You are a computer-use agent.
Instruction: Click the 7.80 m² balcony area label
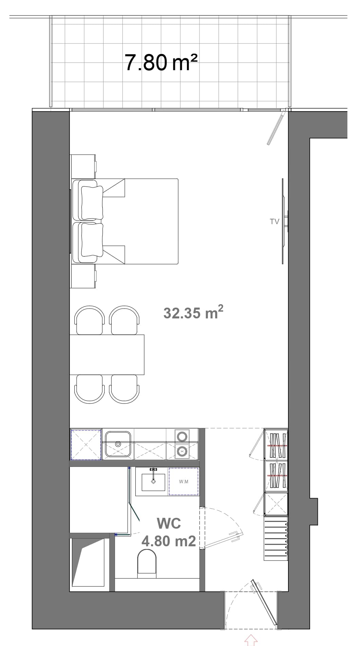(161, 63)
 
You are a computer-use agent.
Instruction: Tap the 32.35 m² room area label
(193, 312)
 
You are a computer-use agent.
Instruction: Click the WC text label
(169, 524)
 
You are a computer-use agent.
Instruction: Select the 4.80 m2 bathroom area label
(169, 541)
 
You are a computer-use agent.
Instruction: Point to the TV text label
(274, 221)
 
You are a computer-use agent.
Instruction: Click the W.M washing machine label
(184, 482)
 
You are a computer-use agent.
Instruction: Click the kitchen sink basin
(118, 444)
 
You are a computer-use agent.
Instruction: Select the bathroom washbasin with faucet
(153, 482)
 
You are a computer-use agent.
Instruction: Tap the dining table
(107, 355)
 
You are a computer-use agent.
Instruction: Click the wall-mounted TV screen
(283, 221)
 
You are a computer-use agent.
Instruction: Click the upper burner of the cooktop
(182, 436)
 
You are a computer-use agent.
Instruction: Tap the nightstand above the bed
(83, 167)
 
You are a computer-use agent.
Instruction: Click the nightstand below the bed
(83, 276)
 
